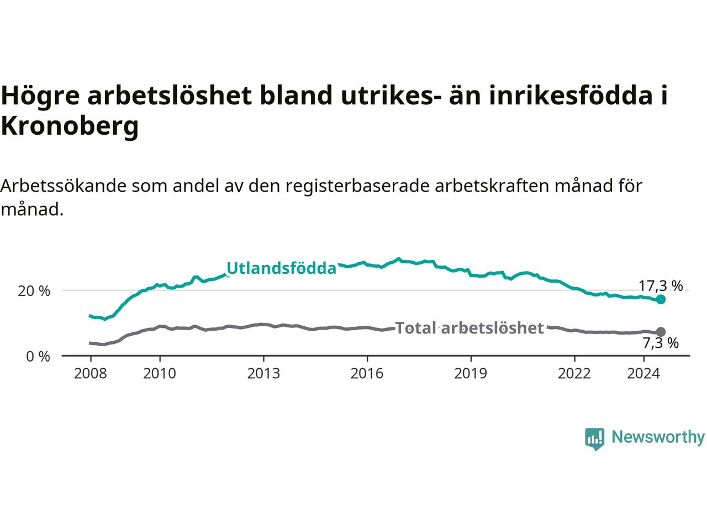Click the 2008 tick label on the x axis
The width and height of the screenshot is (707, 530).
[x=90, y=374]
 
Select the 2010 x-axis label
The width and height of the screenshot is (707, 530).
[x=160, y=374]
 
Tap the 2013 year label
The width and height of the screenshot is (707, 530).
[x=263, y=374]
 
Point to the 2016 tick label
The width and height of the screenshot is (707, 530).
[x=367, y=374]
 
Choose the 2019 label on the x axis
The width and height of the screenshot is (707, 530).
[x=471, y=374]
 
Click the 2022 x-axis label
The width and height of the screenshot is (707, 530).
[x=574, y=374]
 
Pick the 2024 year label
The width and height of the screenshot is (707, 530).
[x=643, y=374]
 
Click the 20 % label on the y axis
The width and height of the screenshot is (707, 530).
[x=34, y=291]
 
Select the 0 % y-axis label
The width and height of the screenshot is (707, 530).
[x=38, y=357]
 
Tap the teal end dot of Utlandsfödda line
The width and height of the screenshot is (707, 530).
[x=661, y=300]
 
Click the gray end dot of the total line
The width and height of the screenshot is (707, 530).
[x=661, y=332]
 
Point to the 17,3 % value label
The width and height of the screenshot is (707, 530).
[x=661, y=286]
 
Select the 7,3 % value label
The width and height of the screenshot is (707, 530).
[x=661, y=343]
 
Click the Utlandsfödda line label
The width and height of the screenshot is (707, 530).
[x=281, y=268]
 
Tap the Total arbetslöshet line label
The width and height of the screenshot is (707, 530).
[x=469, y=328]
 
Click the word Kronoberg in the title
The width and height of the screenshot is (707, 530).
[x=70, y=126]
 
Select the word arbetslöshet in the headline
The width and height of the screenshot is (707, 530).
[x=170, y=96]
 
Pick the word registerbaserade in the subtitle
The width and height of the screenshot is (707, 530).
[x=357, y=186]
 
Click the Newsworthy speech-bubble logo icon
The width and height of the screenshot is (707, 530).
[x=594, y=439]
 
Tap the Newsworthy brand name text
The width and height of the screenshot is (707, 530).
[x=658, y=437]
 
